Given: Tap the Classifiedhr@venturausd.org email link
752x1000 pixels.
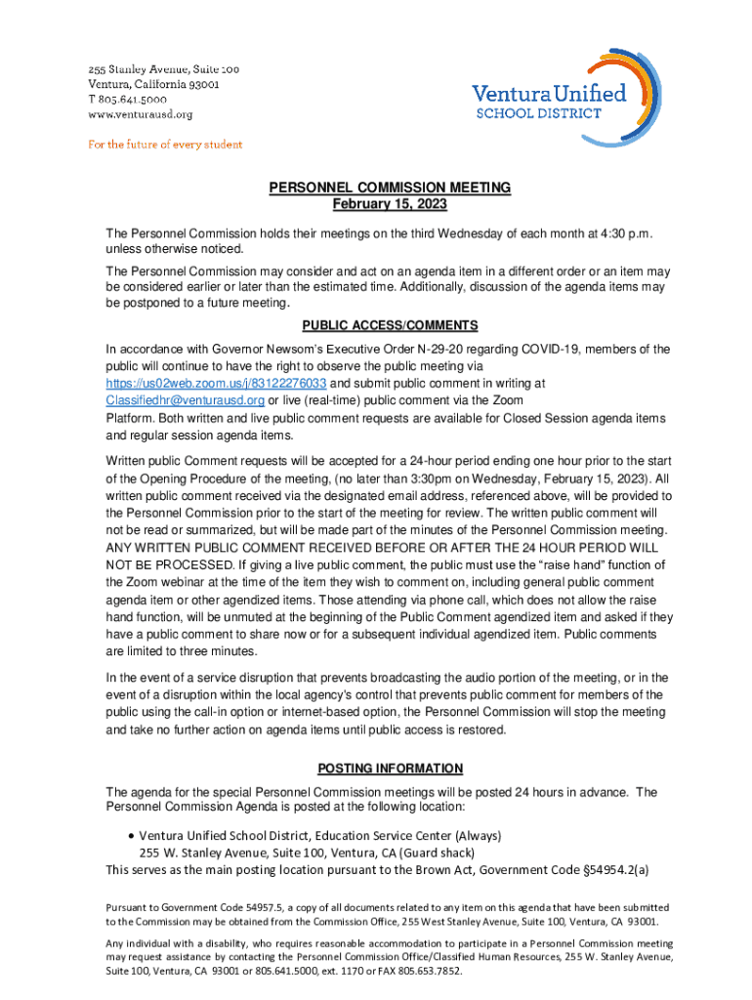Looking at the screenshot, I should (x=185, y=400).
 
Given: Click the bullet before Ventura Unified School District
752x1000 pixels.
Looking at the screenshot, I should (x=131, y=836).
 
